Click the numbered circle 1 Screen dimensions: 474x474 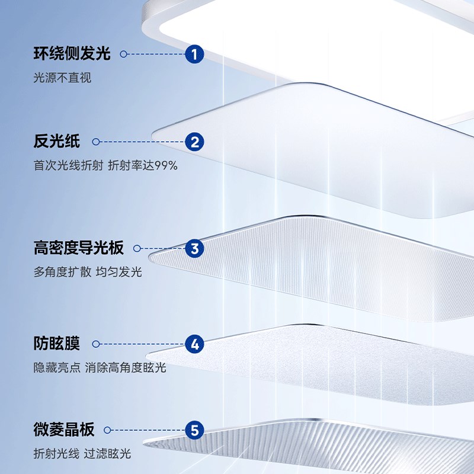pos(194,55)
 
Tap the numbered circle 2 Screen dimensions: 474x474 pos(194,142)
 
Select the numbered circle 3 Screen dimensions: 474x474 pos(194,249)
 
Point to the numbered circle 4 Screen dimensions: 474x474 pos(194,344)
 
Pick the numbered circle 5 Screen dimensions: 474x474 pos(194,430)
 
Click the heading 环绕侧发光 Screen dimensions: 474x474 pos(72,55)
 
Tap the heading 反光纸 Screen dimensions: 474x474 pos(57,142)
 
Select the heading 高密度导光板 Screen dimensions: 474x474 pos(79,249)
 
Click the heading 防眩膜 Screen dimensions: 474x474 pos(57,344)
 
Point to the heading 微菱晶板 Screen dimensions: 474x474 pos(65,430)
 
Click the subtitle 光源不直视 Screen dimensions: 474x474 pos(63,78)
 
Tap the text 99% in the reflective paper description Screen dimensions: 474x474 pos(166,166)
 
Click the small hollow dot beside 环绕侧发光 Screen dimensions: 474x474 pos(124,55)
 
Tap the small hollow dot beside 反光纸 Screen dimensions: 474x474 pos(95,142)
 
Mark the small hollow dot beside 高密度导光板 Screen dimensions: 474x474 pos(137,249)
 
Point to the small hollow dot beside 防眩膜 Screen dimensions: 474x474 pos(95,344)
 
